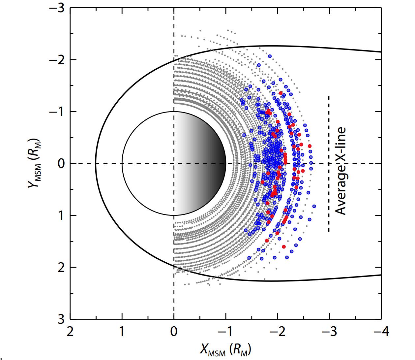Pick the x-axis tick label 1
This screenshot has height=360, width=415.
tap(122, 331)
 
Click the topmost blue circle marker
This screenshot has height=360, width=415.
tap(270, 56)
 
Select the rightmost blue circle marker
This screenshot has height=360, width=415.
tap(314, 206)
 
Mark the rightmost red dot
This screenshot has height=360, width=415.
tap(310, 146)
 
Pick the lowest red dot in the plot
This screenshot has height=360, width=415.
tap(284, 246)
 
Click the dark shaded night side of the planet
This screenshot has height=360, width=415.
tap(211, 164)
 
